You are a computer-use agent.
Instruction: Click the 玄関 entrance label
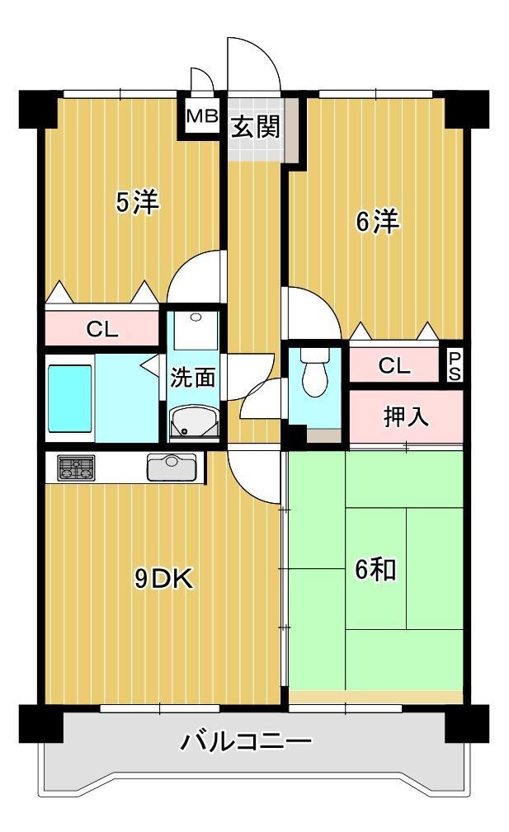pos(256,127)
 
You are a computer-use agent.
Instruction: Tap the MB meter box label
pos(200,116)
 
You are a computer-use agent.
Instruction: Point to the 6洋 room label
pos(378,223)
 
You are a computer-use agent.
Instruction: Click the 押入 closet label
pos(406,416)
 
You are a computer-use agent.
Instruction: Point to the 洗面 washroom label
pos(193,378)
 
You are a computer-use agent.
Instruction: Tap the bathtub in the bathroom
pos(69,399)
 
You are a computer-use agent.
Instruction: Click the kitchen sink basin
pos(171,468)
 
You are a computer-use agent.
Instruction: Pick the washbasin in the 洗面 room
pos(193,422)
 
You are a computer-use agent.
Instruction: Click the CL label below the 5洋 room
pos(103,330)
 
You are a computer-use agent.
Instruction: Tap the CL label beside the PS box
pos(394,366)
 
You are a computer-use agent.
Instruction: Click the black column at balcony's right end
pos(466,724)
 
